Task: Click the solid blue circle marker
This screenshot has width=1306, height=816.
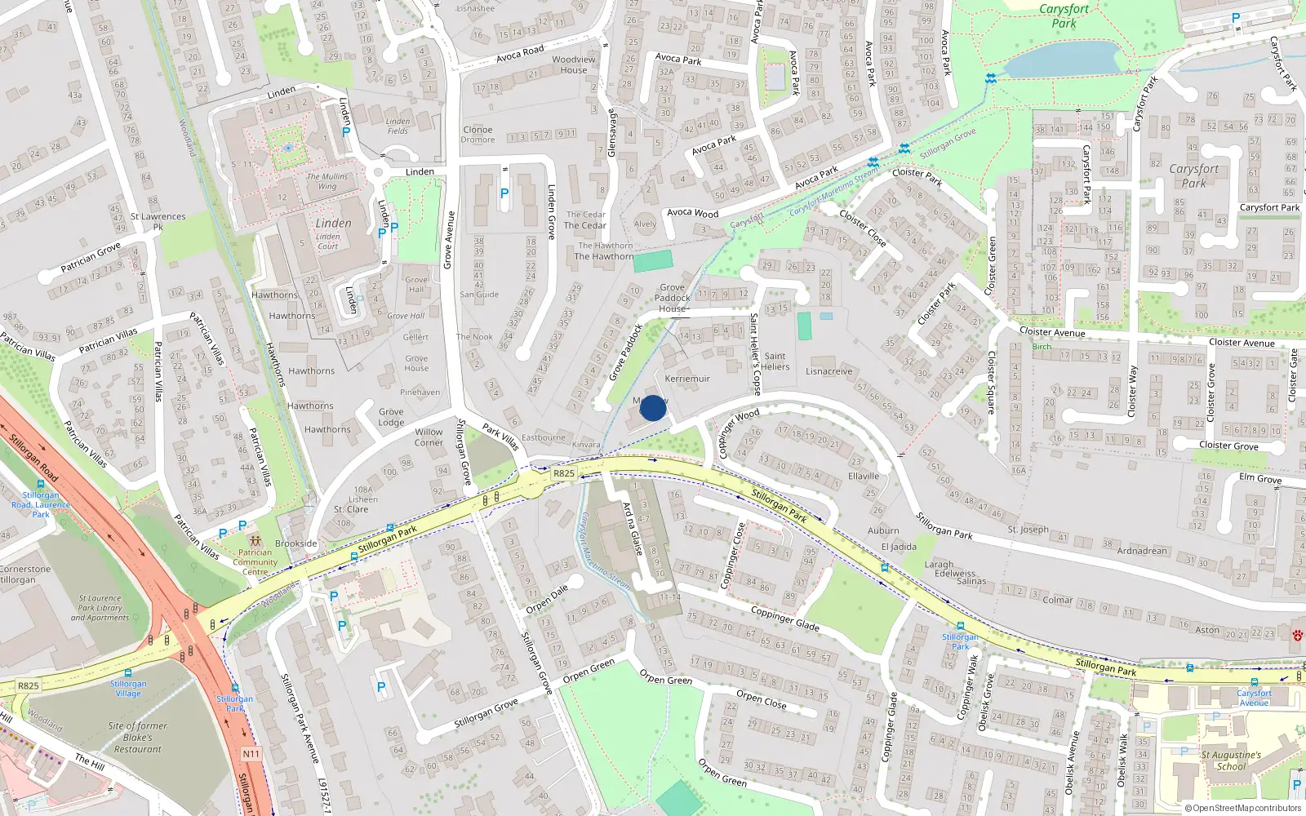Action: point(653,408)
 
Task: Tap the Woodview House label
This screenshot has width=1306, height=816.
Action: point(574,64)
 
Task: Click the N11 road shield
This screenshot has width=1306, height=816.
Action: point(251,754)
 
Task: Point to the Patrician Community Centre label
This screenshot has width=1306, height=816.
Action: point(255,561)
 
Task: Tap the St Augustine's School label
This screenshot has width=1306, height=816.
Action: point(1231,761)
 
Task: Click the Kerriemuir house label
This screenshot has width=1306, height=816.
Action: point(687,379)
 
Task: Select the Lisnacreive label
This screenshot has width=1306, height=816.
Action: point(828,371)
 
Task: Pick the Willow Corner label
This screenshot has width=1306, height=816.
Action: point(429,437)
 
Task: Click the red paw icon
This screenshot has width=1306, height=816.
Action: point(1297,635)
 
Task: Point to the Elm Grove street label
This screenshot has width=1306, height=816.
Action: point(1260,478)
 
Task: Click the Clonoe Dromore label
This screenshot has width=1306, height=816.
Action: point(478,135)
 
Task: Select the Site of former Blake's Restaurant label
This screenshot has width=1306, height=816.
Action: point(137,738)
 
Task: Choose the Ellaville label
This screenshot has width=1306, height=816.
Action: point(864,476)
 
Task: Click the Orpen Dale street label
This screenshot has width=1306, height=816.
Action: point(547,599)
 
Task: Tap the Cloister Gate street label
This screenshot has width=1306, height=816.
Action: point(1293,375)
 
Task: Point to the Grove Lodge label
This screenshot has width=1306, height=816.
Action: point(391,417)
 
